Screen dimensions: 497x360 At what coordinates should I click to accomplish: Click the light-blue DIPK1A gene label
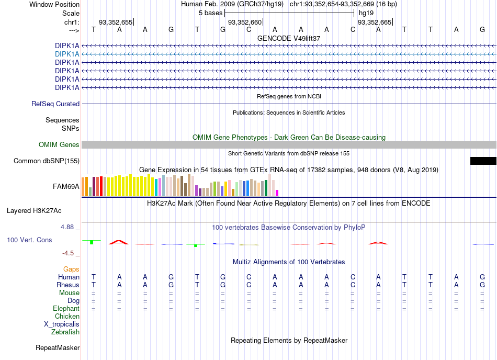[x=67, y=54]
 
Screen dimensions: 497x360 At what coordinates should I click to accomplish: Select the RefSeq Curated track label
[x=55, y=104]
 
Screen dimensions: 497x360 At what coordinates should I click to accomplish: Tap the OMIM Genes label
[x=59, y=145]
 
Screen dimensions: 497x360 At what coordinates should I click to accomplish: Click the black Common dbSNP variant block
[x=483, y=161]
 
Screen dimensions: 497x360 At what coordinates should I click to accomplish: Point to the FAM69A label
[x=66, y=187]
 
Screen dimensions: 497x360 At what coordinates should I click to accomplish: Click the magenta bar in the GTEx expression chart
[x=277, y=193]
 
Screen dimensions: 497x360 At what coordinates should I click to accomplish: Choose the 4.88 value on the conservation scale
[x=67, y=227]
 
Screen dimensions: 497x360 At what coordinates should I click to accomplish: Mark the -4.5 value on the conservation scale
[x=68, y=253]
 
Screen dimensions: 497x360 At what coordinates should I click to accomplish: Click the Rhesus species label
[x=68, y=285]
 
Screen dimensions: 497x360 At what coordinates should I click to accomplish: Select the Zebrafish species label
[x=65, y=332]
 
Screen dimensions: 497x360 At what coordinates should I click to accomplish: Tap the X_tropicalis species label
[x=62, y=324]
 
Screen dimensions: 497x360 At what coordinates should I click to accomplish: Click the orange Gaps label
[x=71, y=269]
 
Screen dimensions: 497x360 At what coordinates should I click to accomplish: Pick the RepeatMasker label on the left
[x=58, y=348]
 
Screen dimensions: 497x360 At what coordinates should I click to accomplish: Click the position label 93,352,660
[x=245, y=22]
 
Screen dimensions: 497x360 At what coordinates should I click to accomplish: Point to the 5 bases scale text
[x=210, y=13]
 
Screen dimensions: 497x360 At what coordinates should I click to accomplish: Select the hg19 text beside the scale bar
[x=366, y=13]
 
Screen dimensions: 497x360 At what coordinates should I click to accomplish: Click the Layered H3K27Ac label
[x=34, y=211]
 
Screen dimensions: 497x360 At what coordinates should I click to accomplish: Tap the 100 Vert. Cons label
[x=29, y=240]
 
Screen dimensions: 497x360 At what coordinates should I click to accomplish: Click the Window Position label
[x=54, y=4]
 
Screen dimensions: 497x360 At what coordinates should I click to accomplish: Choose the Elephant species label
[x=66, y=309]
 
